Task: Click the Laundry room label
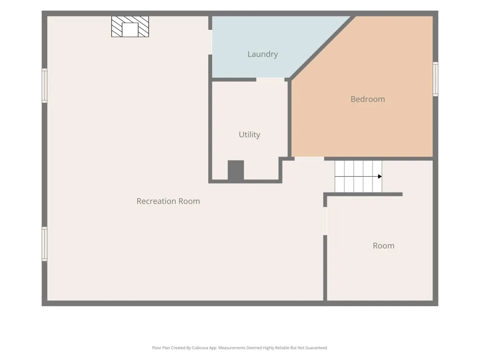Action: tap(263, 54)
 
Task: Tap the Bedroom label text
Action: tap(368, 99)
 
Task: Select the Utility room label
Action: tap(250, 135)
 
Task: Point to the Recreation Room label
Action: tap(168, 201)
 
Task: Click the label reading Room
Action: tap(384, 246)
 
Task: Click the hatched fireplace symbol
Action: tap(130, 26)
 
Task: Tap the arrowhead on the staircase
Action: tap(380, 176)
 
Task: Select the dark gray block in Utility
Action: tap(236, 170)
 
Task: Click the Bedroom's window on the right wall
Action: tap(435, 79)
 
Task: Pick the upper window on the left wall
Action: tap(44, 85)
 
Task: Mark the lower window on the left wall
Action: tap(44, 244)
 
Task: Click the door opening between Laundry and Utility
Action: tap(270, 80)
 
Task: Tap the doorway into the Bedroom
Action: tap(309, 158)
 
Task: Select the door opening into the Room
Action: tap(325, 221)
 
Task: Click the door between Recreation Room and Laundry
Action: tap(210, 42)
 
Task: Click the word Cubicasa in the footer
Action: tap(200, 348)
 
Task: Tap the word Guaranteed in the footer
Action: tap(317, 348)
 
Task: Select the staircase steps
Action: tap(358, 177)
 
